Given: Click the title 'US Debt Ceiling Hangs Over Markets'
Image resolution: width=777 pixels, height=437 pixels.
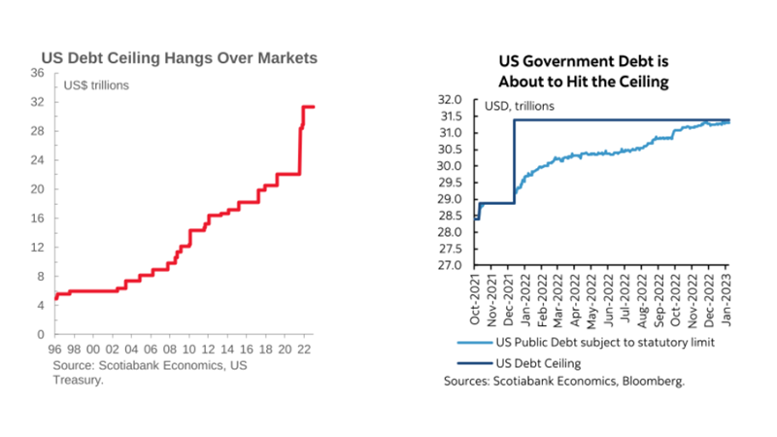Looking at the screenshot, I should [178, 58].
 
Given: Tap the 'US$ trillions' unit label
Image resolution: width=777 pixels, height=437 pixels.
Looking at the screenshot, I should [96, 85].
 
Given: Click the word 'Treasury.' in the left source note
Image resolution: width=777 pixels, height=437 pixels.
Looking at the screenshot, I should [79, 381].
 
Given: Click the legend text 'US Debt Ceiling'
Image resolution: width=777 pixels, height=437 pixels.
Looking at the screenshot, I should [538, 363].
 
